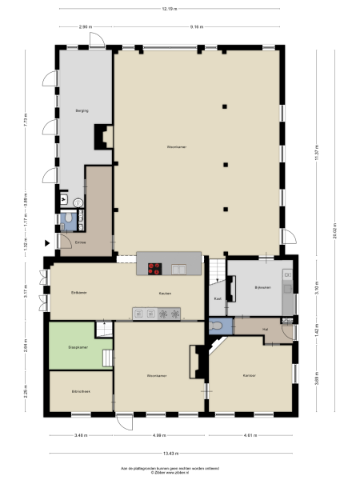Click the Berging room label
click(81, 110)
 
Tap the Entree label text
click(80, 241)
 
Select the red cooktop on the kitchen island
click(154, 269)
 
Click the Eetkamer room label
click(78, 293)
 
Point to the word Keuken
click(165, 294)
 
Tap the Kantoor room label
click(250, 375)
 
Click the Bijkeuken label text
click(262, 286)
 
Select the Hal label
click(264, 327)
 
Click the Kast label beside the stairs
click(218, 298)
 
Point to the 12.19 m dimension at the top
click(169, 9)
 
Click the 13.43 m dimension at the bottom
click(170, 453)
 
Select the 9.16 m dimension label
click(196, 27)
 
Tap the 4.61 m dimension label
click(250, 435)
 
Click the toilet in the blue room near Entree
click(70, 217)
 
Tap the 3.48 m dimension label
click(80, 435)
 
